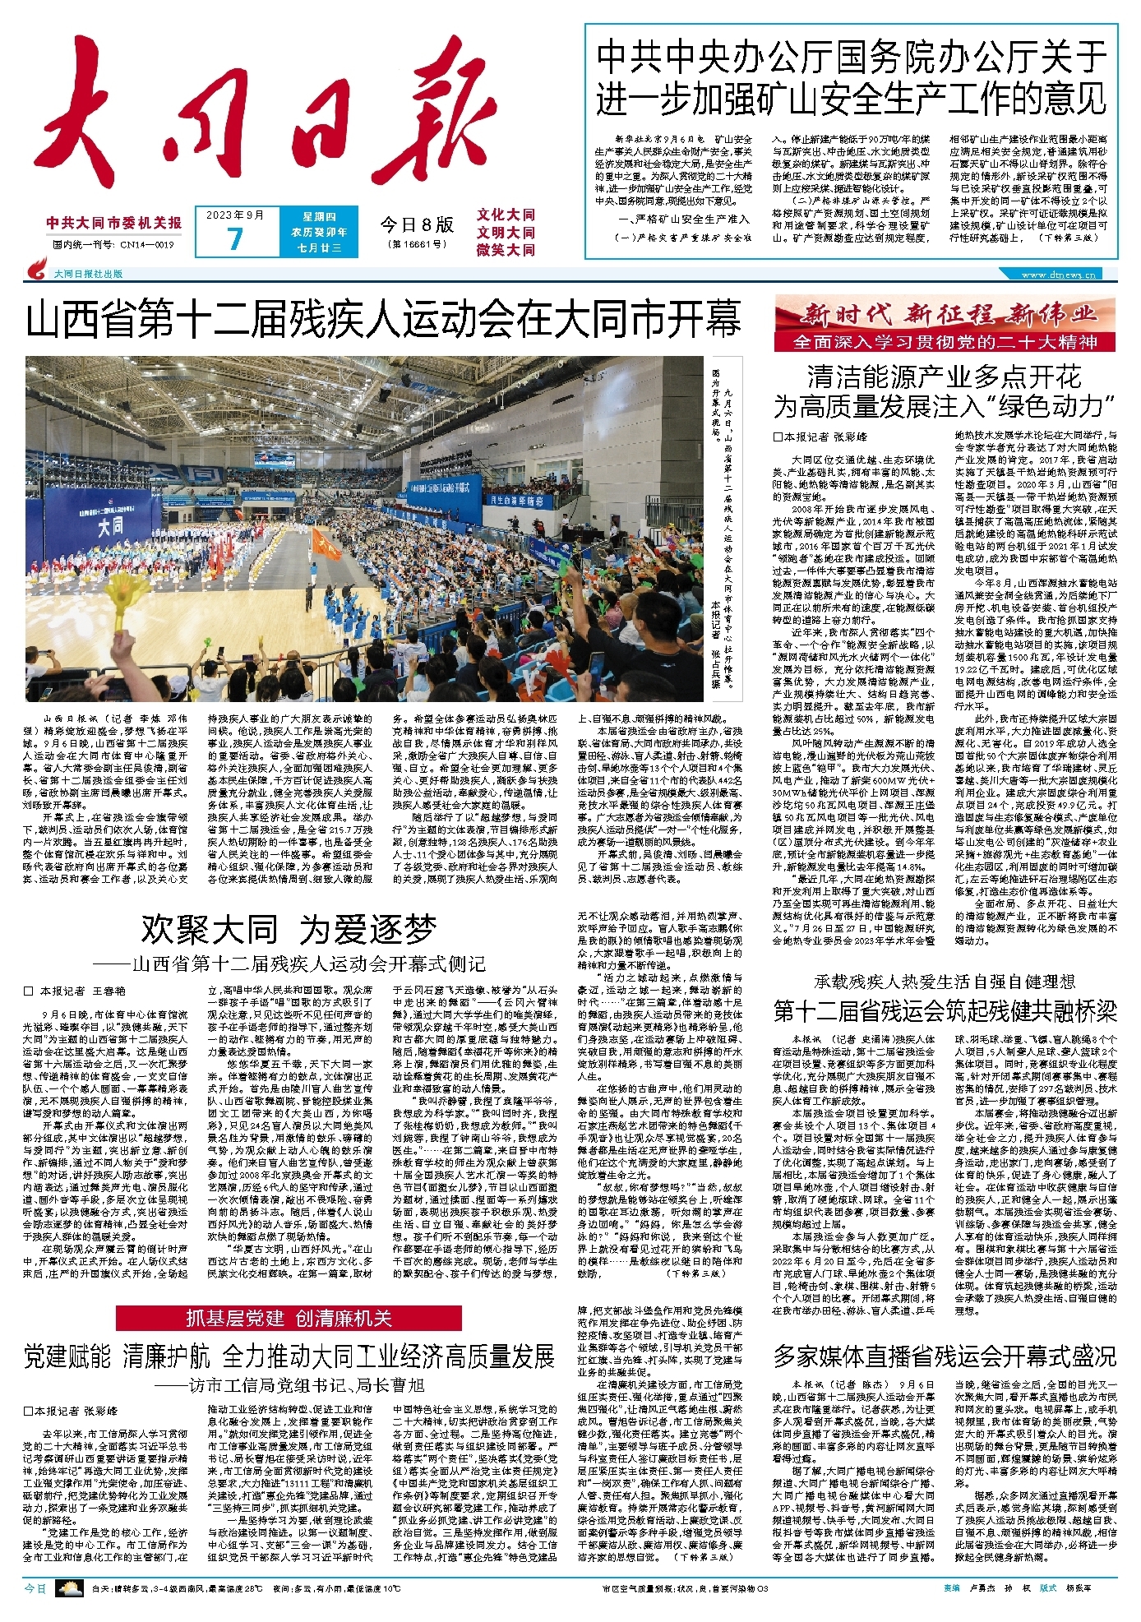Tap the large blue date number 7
[x=235, y=238]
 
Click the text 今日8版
[x=416, y=224]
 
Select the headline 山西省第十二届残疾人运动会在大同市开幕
[x=383, y=319]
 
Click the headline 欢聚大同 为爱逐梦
[x=289, y=930]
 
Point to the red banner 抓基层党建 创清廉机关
[x=289, y=1318]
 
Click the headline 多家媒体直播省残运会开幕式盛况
[x=945, y=1354]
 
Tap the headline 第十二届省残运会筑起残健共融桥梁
[x=945, y=1011]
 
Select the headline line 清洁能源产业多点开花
[x=944, y=377]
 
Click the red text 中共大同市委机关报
[x=114, y=223]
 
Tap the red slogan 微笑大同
[x=506, y=250]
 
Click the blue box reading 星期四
[x=319, y=217]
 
